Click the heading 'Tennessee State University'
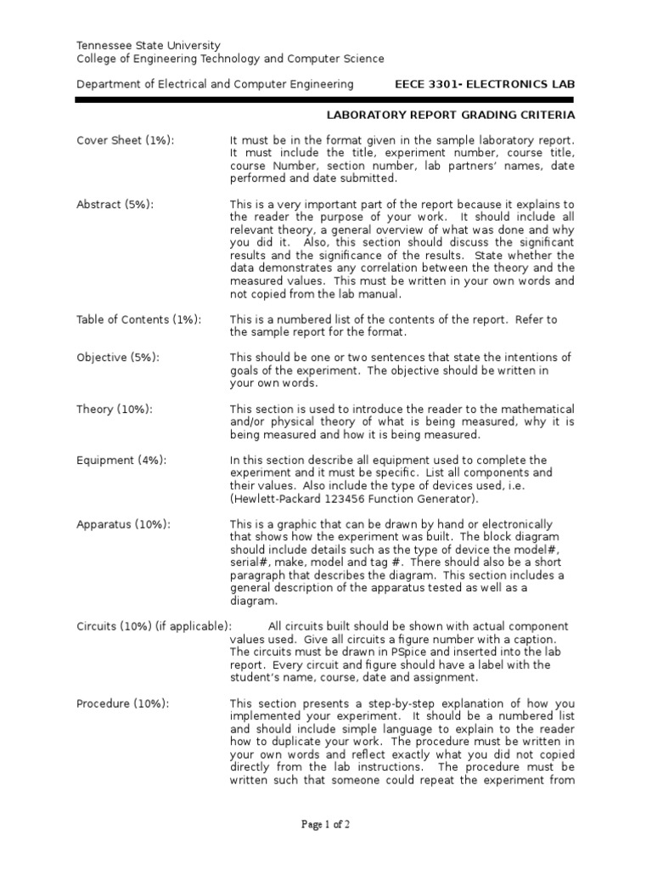(149, 45)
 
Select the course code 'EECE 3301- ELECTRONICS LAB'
(486, 84)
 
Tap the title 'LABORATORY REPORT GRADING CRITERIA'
(451, 115)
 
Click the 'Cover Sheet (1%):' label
(126, 140)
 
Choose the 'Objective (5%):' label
(118, 358)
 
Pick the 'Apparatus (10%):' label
(123, 524)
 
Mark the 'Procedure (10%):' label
(122, 703)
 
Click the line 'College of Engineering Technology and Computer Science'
(230, 59)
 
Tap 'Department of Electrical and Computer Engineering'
(215, 84)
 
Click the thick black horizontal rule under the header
(325, 100)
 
